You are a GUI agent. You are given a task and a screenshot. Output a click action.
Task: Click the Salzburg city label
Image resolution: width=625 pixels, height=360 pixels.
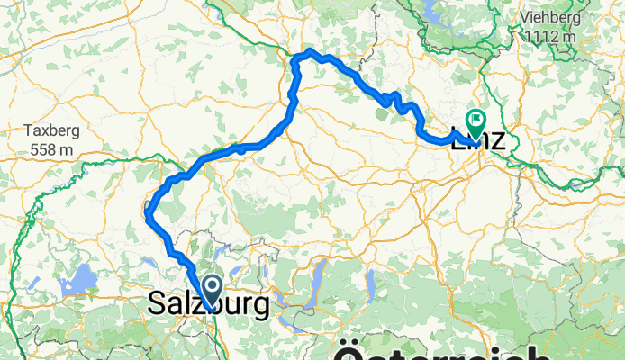[x=207, y=306]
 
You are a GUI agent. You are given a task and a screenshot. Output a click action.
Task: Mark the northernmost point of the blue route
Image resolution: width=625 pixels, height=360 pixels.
[x=309, y=51]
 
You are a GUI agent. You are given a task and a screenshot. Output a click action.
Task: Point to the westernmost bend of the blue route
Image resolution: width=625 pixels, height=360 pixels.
[x=147, y=213]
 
